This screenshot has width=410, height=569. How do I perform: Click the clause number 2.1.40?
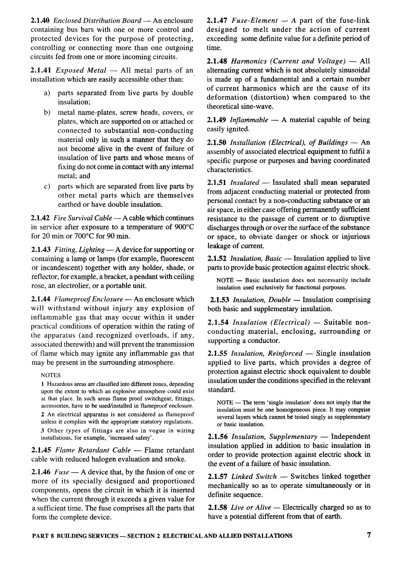[x=40, y=21]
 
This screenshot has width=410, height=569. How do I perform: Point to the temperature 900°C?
[x=184, y=227]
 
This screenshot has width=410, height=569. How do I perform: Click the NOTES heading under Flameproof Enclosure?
[x=51, y=375]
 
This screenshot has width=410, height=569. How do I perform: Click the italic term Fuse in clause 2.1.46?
[x=62, y=472]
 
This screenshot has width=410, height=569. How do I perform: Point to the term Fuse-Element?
[x=254, y=21]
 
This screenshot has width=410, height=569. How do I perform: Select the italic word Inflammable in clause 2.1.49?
[x=249, y=120]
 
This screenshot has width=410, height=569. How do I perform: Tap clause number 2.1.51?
[x=217, y=182]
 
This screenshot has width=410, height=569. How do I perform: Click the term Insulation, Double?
[x=262, y=300]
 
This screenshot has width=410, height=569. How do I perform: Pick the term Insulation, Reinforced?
[x=267, y=354]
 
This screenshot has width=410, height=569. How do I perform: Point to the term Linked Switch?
[x=254, y=476]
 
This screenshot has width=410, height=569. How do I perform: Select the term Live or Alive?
[x=251, y=507]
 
